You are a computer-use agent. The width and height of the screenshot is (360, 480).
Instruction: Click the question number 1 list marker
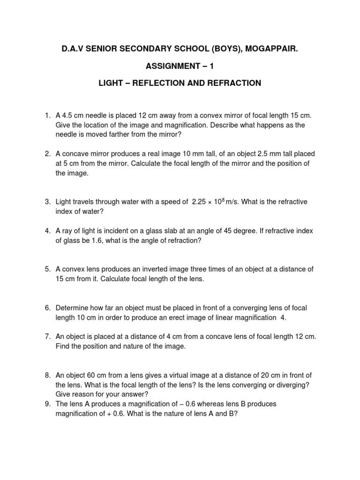tap(47, 115)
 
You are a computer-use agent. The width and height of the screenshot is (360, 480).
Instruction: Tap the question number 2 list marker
tap(47, 154)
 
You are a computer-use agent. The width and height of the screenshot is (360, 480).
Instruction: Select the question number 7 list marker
tap(47, 337)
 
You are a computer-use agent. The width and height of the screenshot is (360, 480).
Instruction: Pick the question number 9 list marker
tap(47, 404)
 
